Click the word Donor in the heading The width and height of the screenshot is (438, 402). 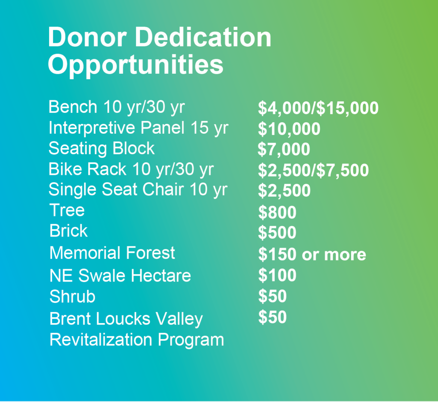[87, 37]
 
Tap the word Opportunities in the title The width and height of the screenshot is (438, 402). [136, 65]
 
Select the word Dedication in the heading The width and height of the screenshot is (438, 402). [203, 37]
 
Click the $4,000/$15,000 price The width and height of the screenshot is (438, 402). [318, 108]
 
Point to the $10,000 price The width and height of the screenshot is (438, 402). [289, 129]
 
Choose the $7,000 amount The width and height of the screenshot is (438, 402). [284, 149]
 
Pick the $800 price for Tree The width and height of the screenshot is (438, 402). [277, 212]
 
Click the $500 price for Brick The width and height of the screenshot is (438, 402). [277, 232]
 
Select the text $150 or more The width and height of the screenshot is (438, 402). [312, 254]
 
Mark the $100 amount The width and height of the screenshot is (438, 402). [277, 275]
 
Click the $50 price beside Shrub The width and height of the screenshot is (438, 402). [272, 296]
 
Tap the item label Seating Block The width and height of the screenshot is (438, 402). [101, 148]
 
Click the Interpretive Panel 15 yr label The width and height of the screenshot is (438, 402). [139, 128]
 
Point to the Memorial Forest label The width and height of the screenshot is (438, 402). [112, 253]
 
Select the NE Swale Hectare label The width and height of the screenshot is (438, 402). [120, 276]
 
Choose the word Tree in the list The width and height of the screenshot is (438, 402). [67, 210]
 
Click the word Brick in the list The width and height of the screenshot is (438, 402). [68, 231]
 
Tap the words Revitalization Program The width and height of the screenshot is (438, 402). [137, 340]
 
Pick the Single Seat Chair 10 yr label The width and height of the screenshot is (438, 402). [138, 189]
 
